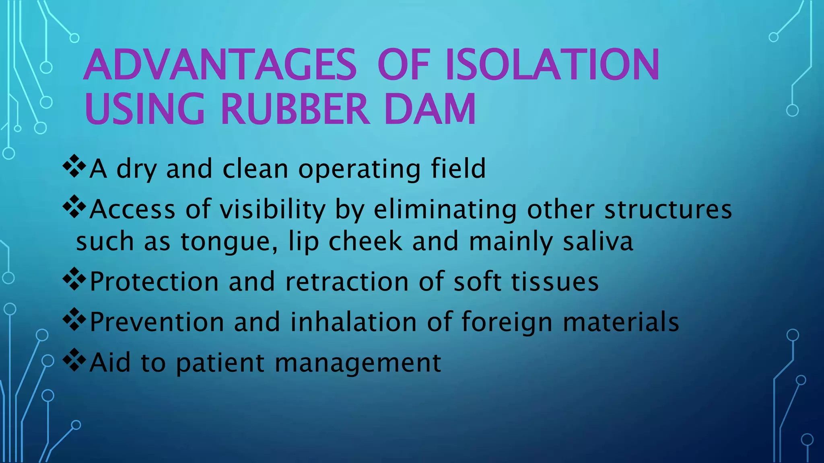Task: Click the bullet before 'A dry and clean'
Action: tap(74, 166)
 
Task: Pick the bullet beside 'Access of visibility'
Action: tap(74, 207)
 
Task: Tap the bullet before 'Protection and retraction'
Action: tap(74, 279)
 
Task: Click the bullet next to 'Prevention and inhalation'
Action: tap(74, 320)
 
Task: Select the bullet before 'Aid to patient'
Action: tap(74, 361)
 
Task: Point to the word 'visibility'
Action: tap(277, 209)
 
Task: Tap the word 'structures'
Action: tap(668, 209)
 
